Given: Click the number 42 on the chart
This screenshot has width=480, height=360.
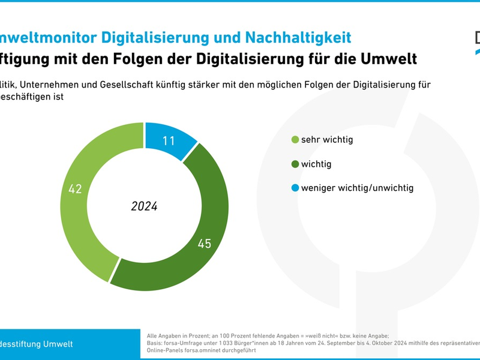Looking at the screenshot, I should pos(75,189).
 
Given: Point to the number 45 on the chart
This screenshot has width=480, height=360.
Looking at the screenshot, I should pos(205,244).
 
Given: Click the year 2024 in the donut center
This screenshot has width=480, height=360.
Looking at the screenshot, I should pos(144,206).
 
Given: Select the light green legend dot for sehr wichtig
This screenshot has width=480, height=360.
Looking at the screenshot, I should pos(295,140).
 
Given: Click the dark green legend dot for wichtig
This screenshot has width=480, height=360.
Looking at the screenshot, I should pos(295,164).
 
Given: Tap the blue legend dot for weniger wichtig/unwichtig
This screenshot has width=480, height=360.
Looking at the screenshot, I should pos(295,188).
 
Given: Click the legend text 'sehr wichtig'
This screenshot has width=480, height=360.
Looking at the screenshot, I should pos(327,140).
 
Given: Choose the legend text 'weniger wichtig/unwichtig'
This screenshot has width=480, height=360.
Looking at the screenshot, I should pos(357,188).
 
